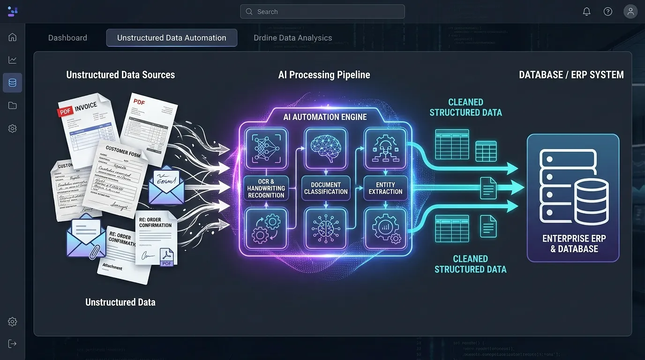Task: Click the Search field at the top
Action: click(322, 12)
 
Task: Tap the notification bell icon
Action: click(586, 12)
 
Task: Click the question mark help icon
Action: click(608, 12)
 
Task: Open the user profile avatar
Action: click(630, 12)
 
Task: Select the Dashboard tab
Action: click(67, 38)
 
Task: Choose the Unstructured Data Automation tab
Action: click(172, 38)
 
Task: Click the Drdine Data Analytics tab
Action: click(292, 38)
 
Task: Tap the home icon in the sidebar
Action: click(13, 37)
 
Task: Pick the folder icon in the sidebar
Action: click(13, 105)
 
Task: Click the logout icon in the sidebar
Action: click(13, 344)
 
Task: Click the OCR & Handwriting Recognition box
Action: click(266, 188)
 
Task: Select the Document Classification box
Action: click(326, 188)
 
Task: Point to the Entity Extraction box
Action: click(385, 188)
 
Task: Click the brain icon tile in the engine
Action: click(326, 148)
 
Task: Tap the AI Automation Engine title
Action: click(325, 117)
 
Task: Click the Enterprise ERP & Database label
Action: click(574, 243)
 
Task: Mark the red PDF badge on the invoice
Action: click(65, 112)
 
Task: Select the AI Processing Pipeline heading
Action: click(324, 75)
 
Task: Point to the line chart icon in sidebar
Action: click(13, 60)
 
